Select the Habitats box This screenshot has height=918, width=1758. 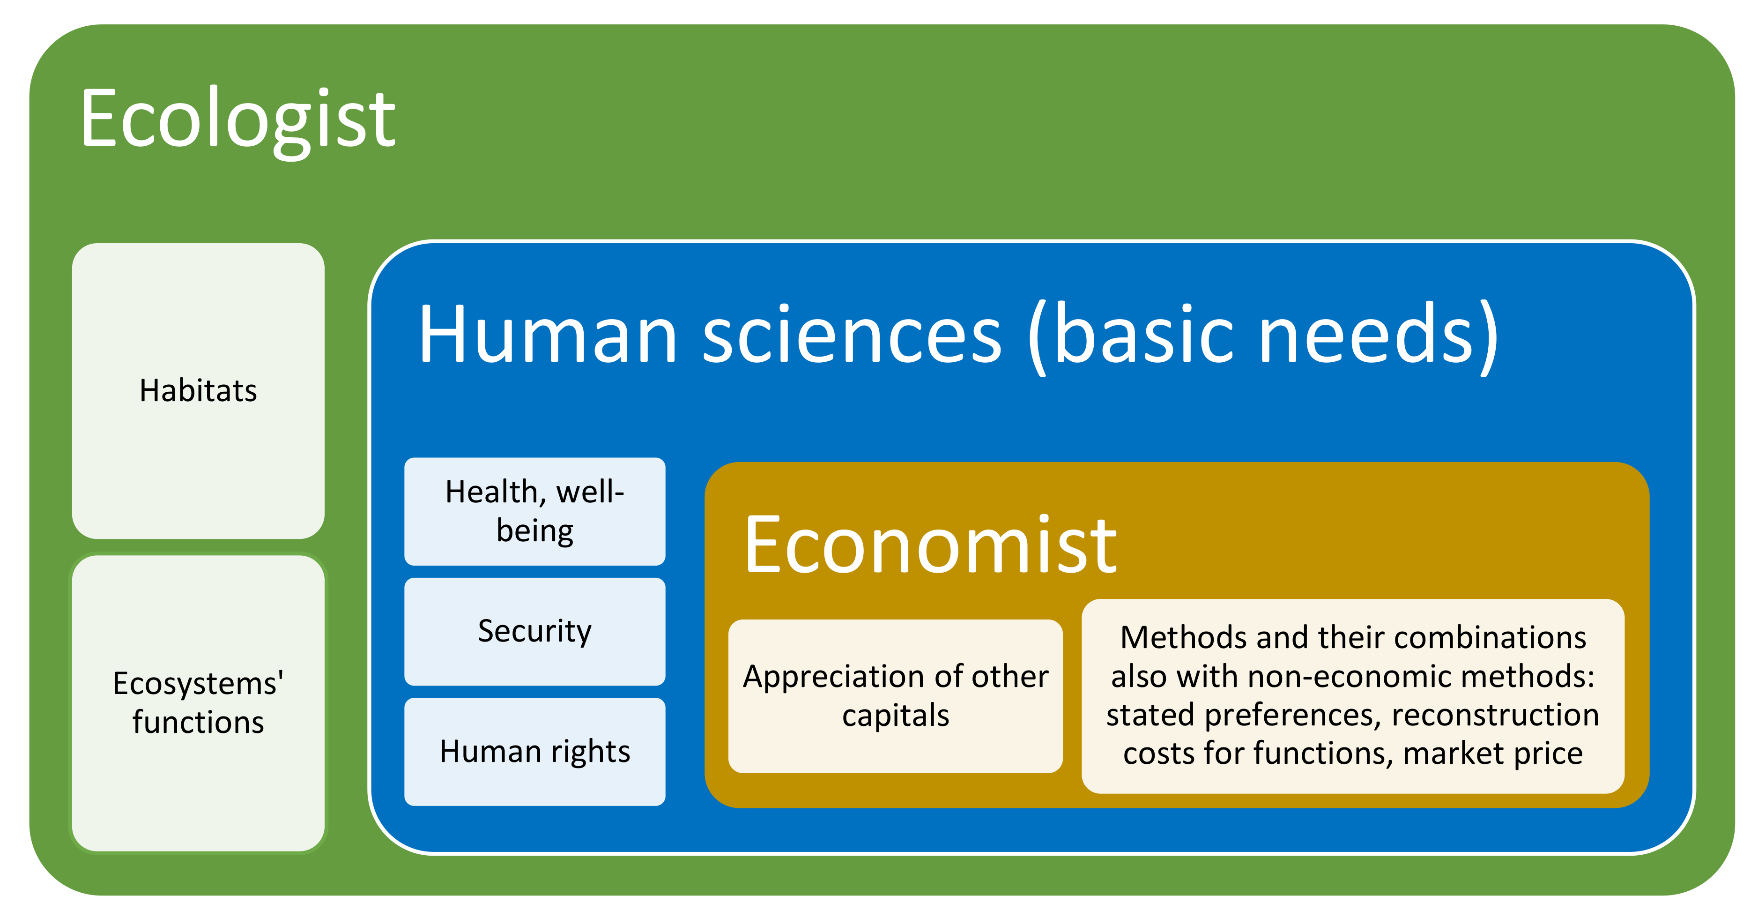point(198,390)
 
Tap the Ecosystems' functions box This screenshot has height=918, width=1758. point(198,702)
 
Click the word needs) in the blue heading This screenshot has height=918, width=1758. point(1379,335)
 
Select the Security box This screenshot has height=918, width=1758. point(534,631)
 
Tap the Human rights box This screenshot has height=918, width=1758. point(534,752)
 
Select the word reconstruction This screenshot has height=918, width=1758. point(1495,715)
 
